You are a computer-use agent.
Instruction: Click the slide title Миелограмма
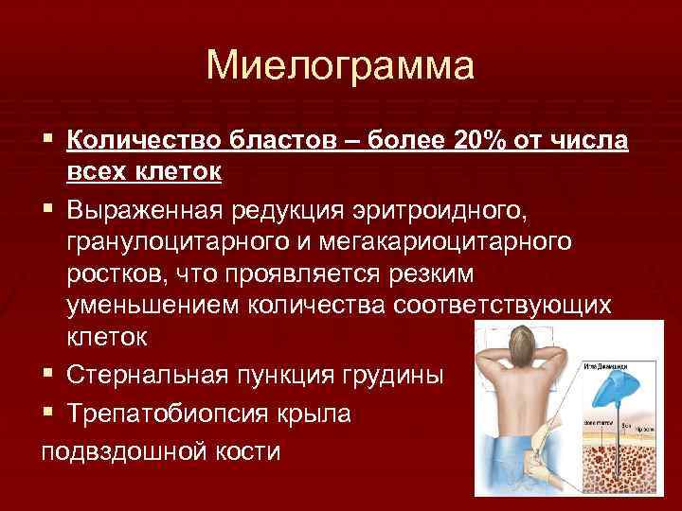341,66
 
